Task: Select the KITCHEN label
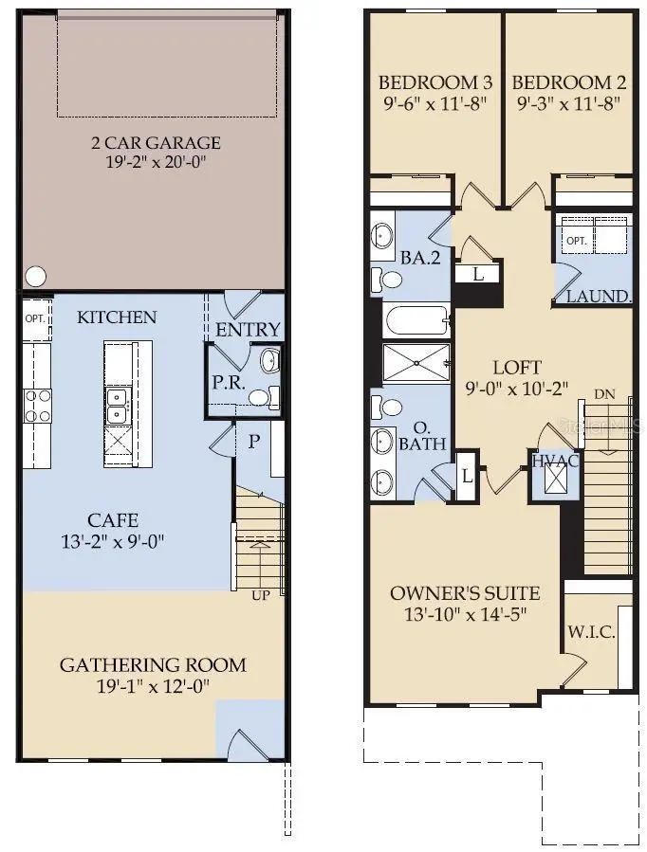coord(117,317)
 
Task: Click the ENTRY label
coord(249,330)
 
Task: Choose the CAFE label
coord(113,519)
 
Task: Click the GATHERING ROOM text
coord(153,664)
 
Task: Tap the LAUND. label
coord(599,297)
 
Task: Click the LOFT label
coord(517,367)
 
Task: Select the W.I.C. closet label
coord(591,632)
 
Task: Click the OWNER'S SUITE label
coord(465,594)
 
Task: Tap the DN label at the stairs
coord(603,393)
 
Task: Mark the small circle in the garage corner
coord(35,277)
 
